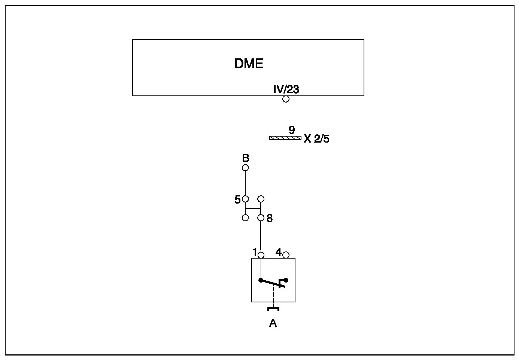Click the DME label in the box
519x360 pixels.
(249, 64)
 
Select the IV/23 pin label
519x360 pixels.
(286, 90)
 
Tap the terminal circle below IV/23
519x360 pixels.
(286, 99)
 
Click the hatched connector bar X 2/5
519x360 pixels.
(285, 138)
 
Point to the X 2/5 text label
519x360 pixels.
(316, 139)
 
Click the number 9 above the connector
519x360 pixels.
(292, 130)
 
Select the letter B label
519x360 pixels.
(245, 158)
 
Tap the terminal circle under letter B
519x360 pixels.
(245, 168)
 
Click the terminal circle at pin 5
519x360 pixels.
(245, 199)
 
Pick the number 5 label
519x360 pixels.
(237, 200)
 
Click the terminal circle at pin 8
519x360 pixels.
(261, 217)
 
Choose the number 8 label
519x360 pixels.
(270, 219)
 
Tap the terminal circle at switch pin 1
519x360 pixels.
(261, 255)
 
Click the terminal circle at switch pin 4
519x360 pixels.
(286, 255)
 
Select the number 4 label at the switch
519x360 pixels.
(279, 252)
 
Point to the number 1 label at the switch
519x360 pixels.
(255, 252)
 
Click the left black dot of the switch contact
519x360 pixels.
(261, 280)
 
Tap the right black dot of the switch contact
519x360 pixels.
(286, 280)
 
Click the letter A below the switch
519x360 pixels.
(273, 323)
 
